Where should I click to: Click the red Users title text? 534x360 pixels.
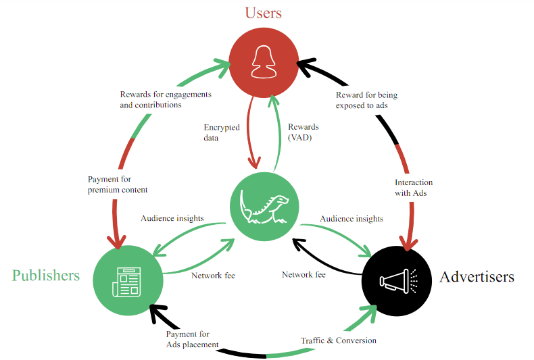[x=264, y=12]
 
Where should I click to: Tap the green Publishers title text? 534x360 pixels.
[x=45, y=275]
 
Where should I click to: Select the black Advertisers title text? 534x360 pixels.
[x=477, y=277]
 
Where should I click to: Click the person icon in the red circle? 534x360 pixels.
[x=263, y=62]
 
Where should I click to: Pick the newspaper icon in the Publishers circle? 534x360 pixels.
[x=128, y=280]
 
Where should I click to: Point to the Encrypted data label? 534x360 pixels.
[x=221, y=132]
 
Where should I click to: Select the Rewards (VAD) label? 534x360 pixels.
[x=304, y=132]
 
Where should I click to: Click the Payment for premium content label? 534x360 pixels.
[x=117, y=184]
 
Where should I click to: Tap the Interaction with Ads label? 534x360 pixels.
[x=414, y=188]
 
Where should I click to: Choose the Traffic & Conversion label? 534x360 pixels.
[x=339, y=340]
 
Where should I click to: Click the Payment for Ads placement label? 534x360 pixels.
[x=192, y=339]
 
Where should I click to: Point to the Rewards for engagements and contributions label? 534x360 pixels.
[x=165, y=99]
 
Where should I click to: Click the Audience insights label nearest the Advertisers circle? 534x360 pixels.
[x=351, y=219]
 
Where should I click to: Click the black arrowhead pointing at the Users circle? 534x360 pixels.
[x=306, y=66]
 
